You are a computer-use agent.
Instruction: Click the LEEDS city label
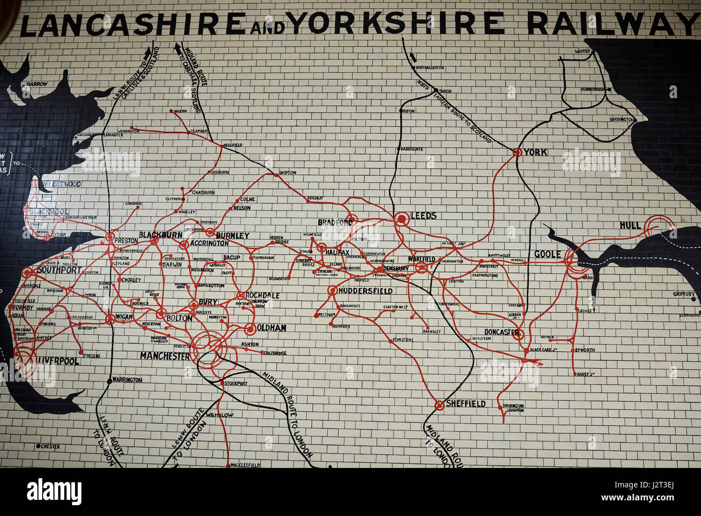tap(423, 216)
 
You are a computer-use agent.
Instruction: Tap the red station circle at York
tap(517, 152)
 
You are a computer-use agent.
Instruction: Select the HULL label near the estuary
tap(630, 225)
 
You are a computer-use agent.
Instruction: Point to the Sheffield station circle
tap(439, 404)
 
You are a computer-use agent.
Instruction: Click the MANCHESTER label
tap(164, 356)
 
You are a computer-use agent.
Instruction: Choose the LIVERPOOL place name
tap(58, 361)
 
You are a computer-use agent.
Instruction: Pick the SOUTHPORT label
tap(59, 270)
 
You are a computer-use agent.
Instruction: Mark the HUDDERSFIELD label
tap(366, 291)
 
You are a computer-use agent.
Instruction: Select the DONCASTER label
tap(501, 332)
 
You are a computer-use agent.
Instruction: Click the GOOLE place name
tap(547, 254)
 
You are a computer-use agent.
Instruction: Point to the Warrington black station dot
tap(109, 380)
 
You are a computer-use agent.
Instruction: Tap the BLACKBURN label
tap(160, 235)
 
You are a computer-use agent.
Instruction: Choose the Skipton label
tap(287, 173)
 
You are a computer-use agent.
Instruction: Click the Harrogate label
tap(412, 149)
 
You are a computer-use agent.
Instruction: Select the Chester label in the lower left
tap(51, 446)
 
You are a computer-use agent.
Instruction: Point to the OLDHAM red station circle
tap(250, 328)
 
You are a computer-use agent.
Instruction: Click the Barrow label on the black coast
tap(37, 84)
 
